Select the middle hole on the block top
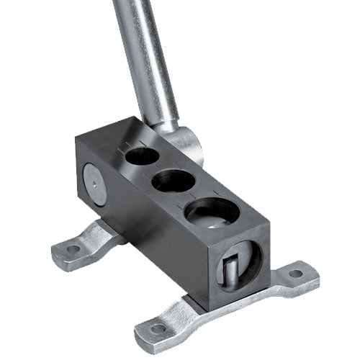coord(171,179)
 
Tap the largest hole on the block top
coord(212,213)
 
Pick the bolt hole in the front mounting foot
coord(157,329)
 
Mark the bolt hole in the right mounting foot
coord(294,274)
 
